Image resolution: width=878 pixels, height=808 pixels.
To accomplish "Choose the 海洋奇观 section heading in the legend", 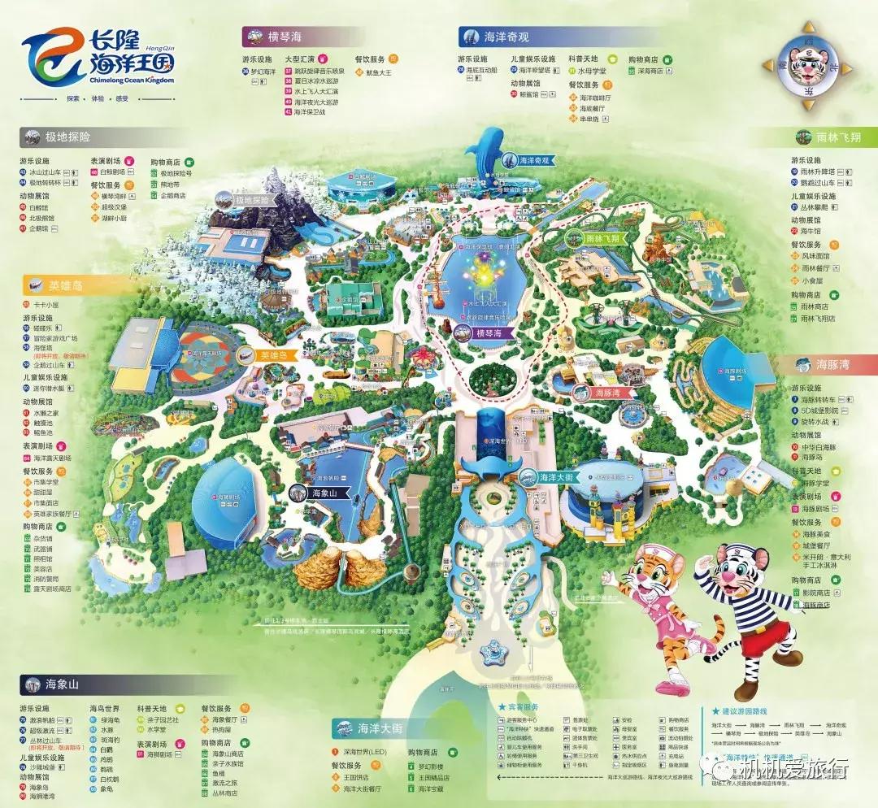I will coord(506,36).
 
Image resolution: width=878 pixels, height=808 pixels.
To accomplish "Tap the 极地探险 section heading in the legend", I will coord(68,136).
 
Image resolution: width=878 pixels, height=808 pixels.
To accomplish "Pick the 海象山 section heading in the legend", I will coord(62,684).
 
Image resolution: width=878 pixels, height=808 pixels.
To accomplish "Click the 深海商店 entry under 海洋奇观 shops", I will coord(651,71).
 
